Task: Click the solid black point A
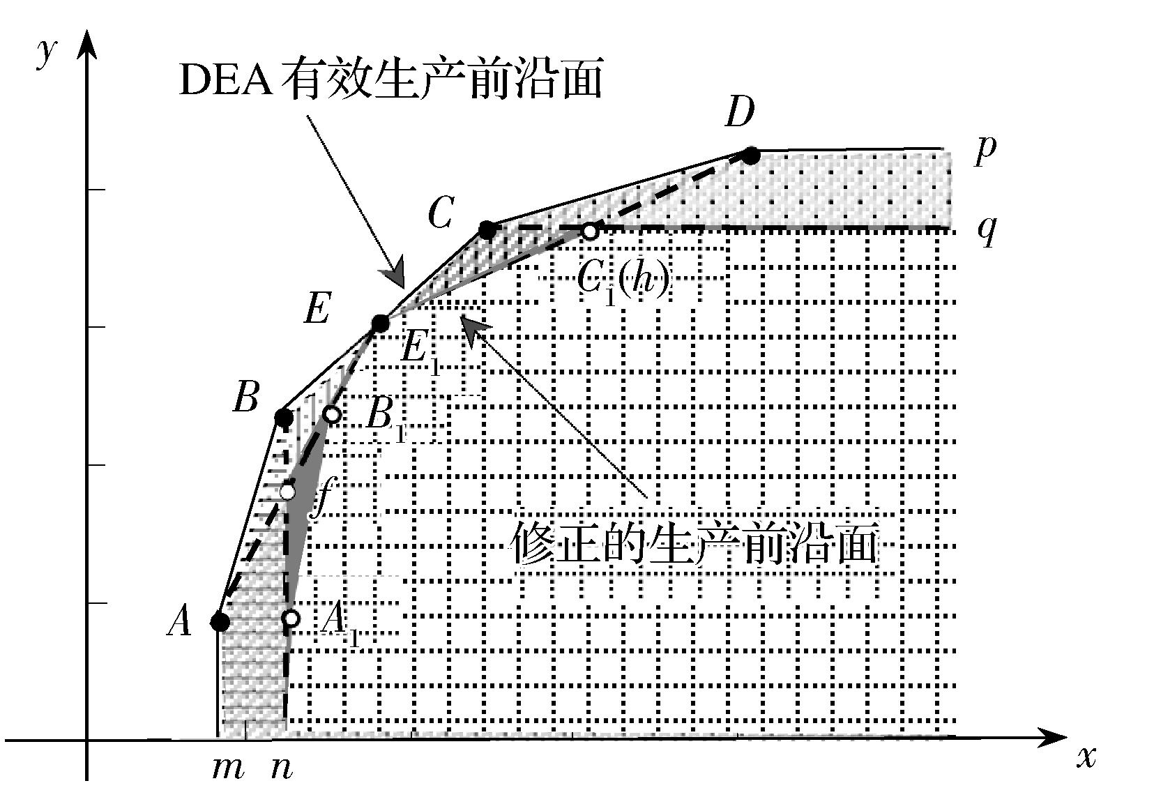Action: pyautogui.click(x=220, y=621)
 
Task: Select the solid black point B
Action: pyautogui.click(x=283, y=418)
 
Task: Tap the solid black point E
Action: pyautogui.click(x=380, y=324)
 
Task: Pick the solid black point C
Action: pyautogui.click(x=488, y=229)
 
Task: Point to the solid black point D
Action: pyautogui.click(x=750, y=155)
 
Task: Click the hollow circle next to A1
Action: pyautogui.click(x=291, y=618)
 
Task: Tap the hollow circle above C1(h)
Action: pyautogui.click(x=590, y=231)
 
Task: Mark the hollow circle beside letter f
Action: pyautogui.click(x=287, y=492)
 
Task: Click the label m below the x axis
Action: pyautogui.click(x=228, y=768)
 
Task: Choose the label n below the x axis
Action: pyautogui.click(x=282, y=768)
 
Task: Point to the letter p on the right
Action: pyautogui.click(x=985, y=149)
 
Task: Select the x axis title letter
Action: pyautogui.click(x=1086, y=757)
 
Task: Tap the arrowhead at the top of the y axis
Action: pyautogui.click(x=86, y=42)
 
